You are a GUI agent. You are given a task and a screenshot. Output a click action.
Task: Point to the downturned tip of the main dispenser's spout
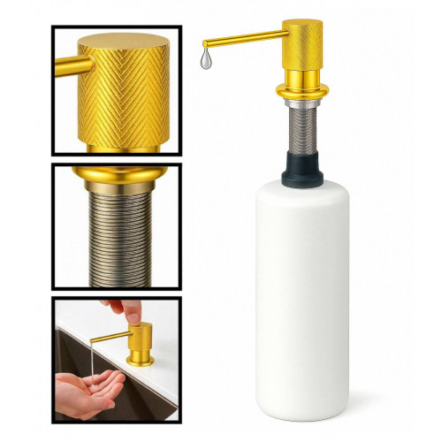click(206, 43)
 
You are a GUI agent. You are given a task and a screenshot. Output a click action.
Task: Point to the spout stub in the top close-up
click(69, 67)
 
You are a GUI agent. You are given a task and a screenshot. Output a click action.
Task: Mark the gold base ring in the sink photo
click(140, 361)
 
